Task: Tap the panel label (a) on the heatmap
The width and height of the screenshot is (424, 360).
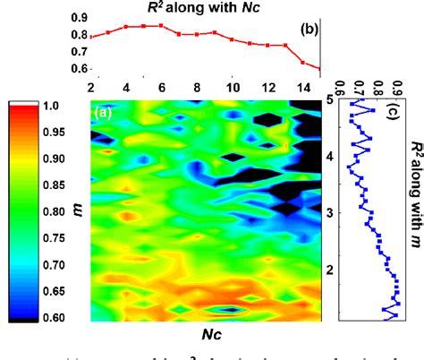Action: tap(101, 112)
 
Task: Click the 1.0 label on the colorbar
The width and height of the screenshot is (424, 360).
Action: tap(50, 106)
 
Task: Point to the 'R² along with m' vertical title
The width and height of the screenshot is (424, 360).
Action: tap(415, 194)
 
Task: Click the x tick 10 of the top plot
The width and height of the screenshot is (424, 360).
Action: tap(233, 88)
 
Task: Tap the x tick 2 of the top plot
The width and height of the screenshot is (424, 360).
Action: tap(90, 88)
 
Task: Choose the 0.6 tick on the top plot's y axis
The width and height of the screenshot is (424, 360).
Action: tap(79, 69)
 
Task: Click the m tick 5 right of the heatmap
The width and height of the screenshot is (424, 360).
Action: tap(329, 99)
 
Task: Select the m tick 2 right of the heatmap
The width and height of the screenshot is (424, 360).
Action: tap(329, 269)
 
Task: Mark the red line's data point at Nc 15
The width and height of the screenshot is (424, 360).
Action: tap(319, 68)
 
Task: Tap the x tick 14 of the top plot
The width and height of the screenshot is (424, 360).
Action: tap(304, 88)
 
